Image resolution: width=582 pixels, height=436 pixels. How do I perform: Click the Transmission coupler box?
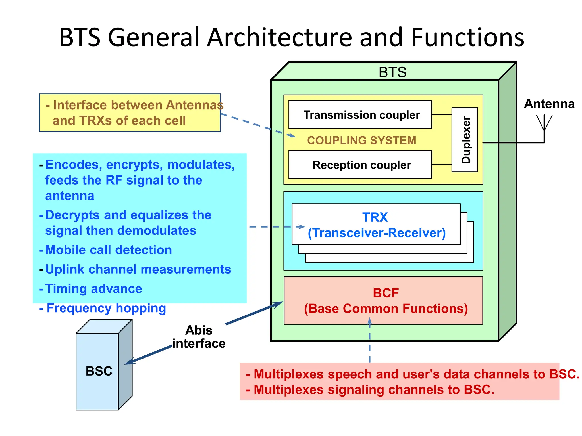360,115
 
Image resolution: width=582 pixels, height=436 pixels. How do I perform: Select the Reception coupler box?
360,165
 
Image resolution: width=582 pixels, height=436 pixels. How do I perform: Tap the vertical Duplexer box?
465,140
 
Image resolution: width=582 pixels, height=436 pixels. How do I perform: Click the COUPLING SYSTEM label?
361,141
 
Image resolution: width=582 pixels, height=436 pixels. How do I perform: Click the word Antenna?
549,104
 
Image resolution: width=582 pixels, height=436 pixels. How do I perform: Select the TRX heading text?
375,217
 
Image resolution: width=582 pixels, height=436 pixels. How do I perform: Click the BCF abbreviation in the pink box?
386,293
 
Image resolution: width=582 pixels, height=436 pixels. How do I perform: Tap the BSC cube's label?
99,371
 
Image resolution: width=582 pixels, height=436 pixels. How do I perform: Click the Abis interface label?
199,337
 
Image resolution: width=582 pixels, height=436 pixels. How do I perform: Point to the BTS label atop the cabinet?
392,72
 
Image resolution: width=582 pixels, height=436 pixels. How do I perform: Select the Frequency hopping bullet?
106,308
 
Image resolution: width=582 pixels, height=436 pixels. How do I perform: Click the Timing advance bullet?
93,289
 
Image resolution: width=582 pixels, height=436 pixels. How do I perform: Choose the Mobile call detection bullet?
108,250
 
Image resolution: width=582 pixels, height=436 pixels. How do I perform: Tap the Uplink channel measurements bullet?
138,269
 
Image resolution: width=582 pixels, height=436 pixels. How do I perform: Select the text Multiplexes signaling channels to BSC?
373,390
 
